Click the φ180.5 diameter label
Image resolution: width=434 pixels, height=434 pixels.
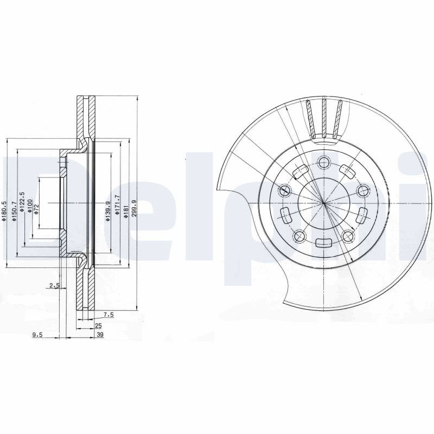click(x=4, y=210)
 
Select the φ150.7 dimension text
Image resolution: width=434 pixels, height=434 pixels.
click(x=14, y=211)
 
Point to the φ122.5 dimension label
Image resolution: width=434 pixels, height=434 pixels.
click(x=23, y=202)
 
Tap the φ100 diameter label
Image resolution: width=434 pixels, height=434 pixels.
click(x=30, y=205)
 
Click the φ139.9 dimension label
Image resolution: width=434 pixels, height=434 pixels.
click(x=108, y=211)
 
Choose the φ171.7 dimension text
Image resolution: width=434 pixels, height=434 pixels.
click(x=117, y=205)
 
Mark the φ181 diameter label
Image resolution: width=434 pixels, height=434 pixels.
click(x=126, y=212)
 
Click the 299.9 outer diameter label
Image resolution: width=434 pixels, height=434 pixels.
click(x=135, y=210)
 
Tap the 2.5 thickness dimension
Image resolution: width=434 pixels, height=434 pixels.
click(x=55, y=285)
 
